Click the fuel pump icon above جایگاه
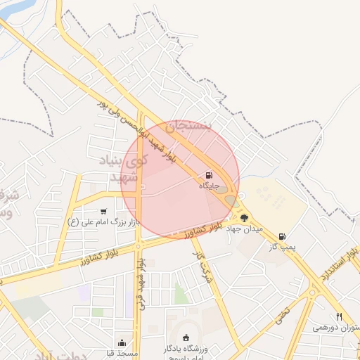click(208, 175)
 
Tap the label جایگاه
click(210, 186)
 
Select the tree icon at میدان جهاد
click(244, 218)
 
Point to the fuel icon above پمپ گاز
click(282, 237)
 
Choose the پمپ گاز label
click(283, 247)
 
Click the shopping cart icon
click(104, 211)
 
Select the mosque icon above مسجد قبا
click(123, 343)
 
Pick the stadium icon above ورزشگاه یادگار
click(186, 337)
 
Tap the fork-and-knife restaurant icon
click(339, 316)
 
